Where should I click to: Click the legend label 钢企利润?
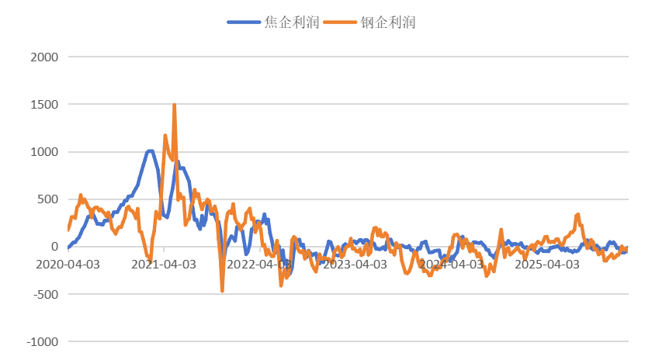click(388, 22)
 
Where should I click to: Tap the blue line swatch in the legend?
click(244, 22)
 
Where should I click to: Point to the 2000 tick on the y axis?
click(43, 57)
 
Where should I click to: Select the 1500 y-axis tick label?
click(43, 104)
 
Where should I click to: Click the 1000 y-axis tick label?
click(43, 152)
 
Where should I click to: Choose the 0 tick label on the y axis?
click(55, 247)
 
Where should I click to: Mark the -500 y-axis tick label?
click(45, 294)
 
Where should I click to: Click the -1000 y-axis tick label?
click(42, 341)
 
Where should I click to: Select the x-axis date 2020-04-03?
click(68, 264)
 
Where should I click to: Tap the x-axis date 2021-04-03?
click(164, 264)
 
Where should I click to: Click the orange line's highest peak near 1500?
click(175, 104)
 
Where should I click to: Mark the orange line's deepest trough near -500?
click(222, 292)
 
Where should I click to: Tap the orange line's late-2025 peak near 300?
click(577, 215)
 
